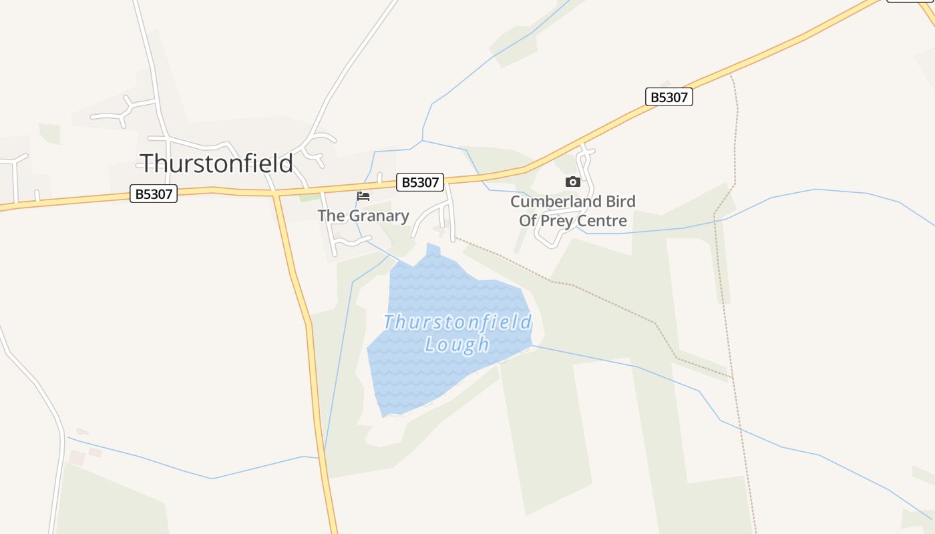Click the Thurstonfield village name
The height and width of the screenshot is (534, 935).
[216, 164]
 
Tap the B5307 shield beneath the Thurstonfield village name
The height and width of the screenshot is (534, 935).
[153, 194]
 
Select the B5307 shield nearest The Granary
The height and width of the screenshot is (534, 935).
[420, 182]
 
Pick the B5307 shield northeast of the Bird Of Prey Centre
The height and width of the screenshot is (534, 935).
[669, 97]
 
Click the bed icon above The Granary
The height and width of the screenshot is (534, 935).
[363, 196]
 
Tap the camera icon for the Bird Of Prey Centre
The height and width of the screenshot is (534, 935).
[572, 182]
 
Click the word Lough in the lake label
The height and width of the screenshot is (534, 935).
[457, 344]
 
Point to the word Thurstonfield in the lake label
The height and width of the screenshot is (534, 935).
[457, 322]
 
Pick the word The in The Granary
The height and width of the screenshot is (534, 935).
[330, 216]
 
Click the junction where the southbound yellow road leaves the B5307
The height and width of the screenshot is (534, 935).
[275, 194]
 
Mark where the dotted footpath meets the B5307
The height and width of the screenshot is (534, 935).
[731, 75]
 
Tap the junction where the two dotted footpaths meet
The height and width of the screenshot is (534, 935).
[733, 378]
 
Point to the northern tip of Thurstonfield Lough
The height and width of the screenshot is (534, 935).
[433, 245]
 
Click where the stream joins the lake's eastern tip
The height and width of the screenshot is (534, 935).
[532, 346]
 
